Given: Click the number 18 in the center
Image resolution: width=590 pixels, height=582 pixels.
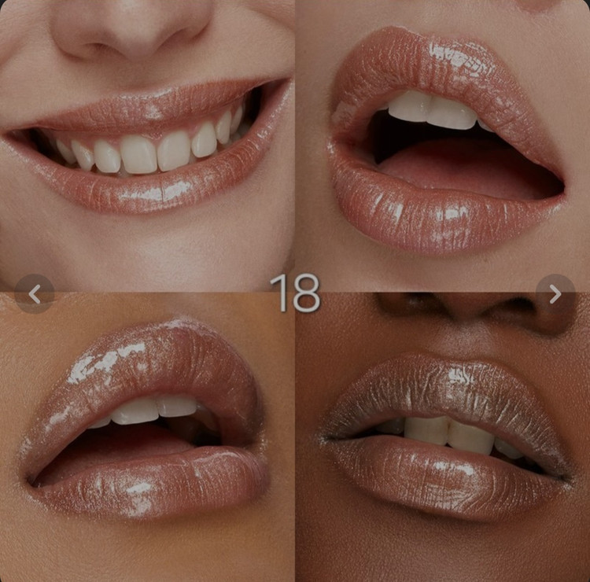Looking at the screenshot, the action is coord(295,293).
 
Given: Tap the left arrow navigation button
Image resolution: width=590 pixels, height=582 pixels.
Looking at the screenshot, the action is coord(35,294).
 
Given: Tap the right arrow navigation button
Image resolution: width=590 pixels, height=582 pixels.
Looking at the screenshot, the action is coord(555,294).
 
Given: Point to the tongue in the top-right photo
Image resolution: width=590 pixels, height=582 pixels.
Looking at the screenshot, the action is coord(463,165).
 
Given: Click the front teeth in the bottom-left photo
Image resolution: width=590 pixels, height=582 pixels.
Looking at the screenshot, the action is coord(154,409).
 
